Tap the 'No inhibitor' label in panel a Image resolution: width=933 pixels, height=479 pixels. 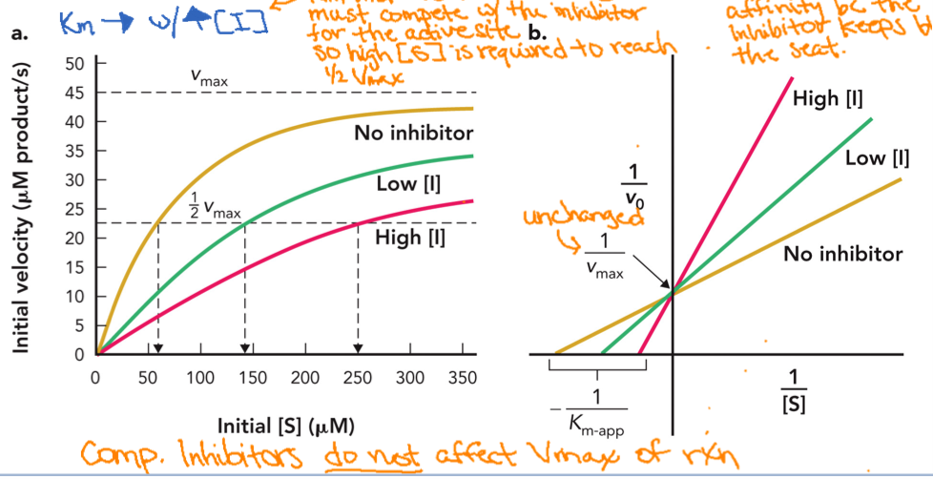coord(413,132)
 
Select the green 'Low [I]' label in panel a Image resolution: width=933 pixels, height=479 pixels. coord(406,182)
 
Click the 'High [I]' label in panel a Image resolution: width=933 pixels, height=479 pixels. coord(410,236)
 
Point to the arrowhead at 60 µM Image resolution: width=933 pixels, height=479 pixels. coord(158,348)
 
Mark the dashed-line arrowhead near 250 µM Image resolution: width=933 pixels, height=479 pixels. coord(358,348)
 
